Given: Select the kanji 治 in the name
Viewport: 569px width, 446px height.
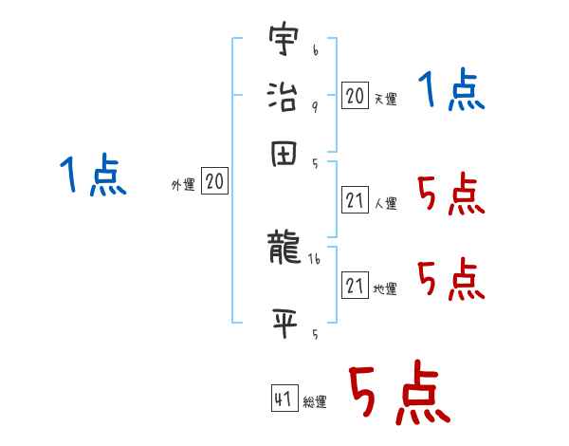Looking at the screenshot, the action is [283, 95].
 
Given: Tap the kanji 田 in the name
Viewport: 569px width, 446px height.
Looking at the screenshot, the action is [283, 154].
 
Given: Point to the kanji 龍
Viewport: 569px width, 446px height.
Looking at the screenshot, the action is [283, 249].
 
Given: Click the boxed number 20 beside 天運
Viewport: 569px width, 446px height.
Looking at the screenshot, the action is [355, 96].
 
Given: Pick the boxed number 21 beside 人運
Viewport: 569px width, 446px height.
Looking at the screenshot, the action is [355, 200].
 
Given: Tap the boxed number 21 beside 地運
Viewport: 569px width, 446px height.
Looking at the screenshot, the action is [355, 286].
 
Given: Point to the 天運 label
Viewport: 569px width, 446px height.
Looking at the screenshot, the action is [385, 99].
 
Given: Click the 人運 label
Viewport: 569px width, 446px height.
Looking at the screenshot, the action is [385, 203].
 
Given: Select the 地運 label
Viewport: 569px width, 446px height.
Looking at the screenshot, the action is [385, 288].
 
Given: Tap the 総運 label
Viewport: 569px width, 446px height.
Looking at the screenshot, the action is [315, 402].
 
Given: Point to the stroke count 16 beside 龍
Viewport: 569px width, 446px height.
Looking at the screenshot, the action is [315, 257].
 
